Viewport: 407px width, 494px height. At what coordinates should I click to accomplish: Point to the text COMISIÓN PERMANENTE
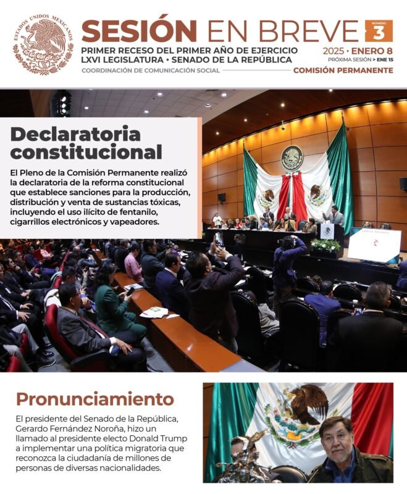pyautogui.click(x=343, y=70)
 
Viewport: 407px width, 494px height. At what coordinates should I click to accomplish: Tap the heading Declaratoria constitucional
pyautogui.click(x=86, y=143)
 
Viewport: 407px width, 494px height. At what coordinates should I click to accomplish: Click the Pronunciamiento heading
pyautogui.click(x=95, y=398)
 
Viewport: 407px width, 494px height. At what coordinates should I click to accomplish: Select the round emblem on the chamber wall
pyautogui.click(x=292, y=158)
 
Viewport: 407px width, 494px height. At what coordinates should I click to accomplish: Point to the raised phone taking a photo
pyautogui.click(x=219, y=239)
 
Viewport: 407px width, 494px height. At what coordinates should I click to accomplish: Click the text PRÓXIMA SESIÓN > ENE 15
pyautogui.click(x=360, y=60)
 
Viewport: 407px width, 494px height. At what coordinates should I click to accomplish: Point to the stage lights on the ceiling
pyautogui.click(x=62, y=103)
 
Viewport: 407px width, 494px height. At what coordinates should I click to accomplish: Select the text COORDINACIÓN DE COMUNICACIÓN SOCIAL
pyautogui.click(x=151, y=70)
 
